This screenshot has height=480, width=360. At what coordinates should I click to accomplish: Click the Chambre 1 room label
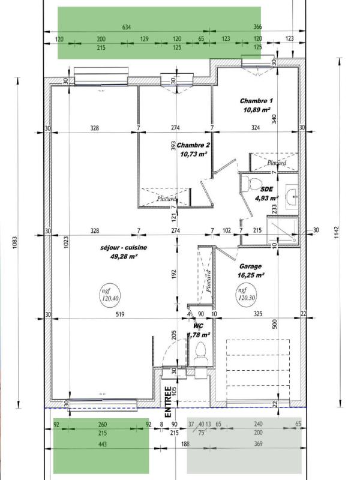coord(256,101)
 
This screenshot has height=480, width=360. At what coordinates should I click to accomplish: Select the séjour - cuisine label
coord(124,247)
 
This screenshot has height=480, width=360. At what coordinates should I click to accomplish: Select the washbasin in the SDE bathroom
coord(292,195)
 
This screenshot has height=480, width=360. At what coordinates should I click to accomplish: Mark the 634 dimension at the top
coord(127,27)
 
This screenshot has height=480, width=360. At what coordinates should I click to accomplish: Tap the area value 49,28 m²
coord(124,256)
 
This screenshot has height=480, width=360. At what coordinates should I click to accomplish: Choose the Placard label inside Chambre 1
coord(276,163)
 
